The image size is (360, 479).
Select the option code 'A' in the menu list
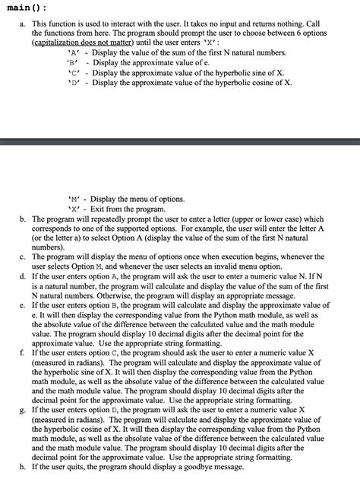[73, 55]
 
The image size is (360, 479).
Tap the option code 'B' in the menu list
[73, 65]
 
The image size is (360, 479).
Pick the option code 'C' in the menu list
[73, 74]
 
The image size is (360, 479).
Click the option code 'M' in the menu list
[74, 199]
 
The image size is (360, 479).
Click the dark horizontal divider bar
[180, 140]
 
